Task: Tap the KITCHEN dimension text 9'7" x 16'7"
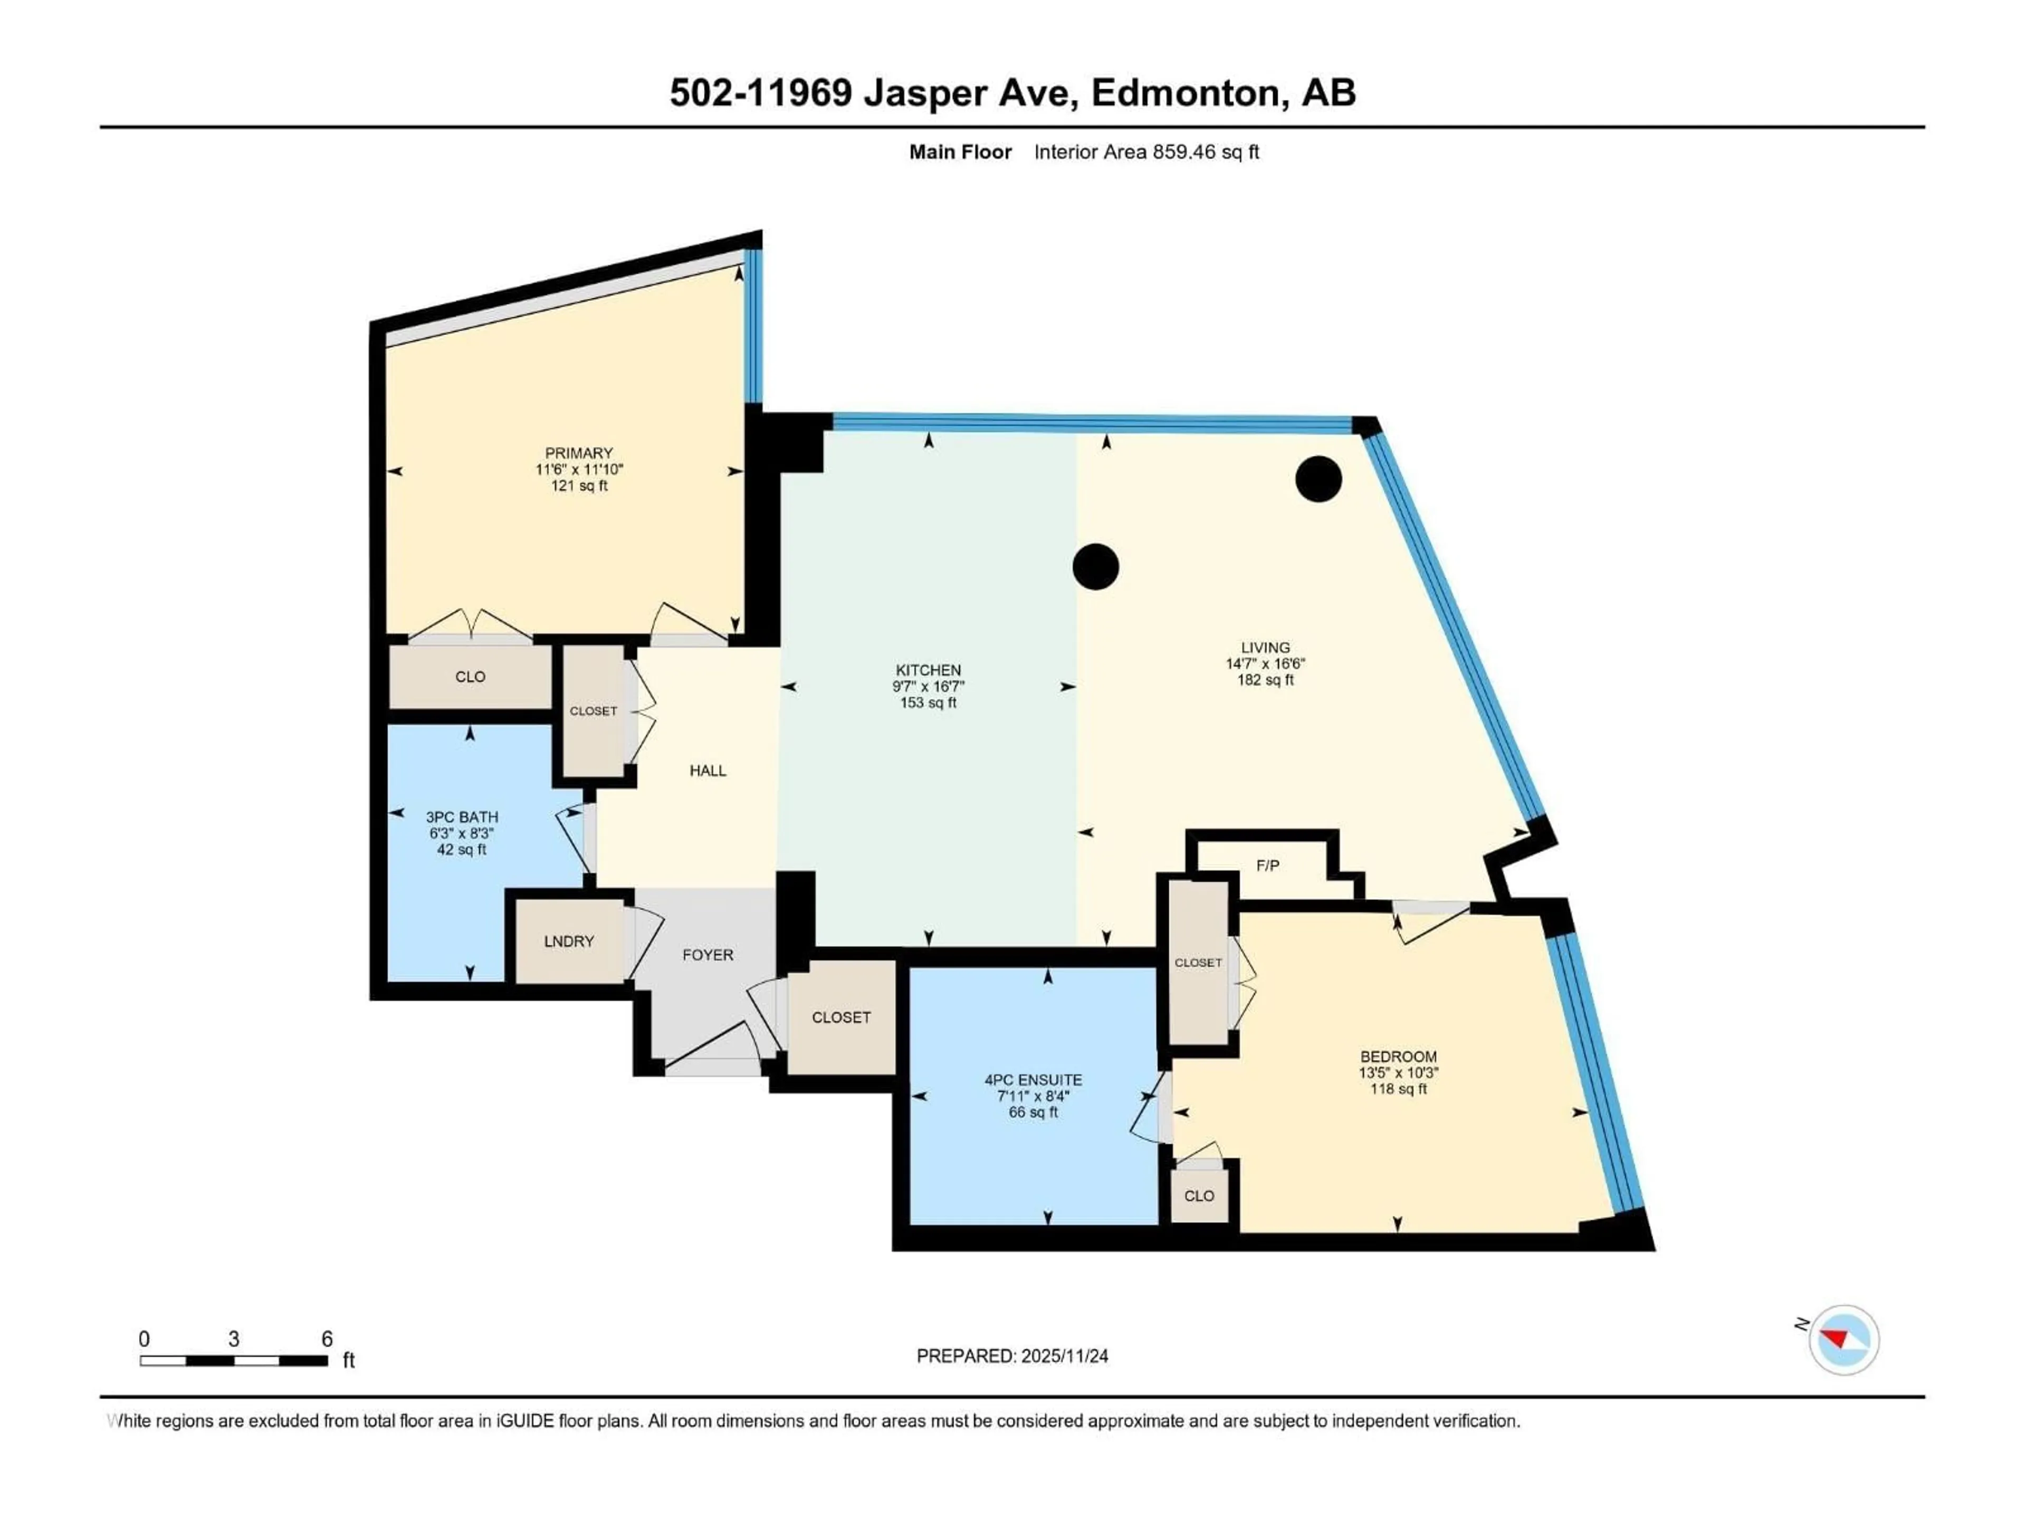[928, 686]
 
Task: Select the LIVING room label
[1265, 647]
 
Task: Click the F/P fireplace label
[1268, 865]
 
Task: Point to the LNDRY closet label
[569, 941]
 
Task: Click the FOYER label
[707, 955]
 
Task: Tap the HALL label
[707, 771]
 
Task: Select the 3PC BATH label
[462, 816]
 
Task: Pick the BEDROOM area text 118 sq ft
[1398, 1088]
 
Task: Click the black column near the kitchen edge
[1095, 566]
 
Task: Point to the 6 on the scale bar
[327, 1338]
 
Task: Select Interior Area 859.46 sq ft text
[1146, 152]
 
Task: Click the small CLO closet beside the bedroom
[1198, 1195]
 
